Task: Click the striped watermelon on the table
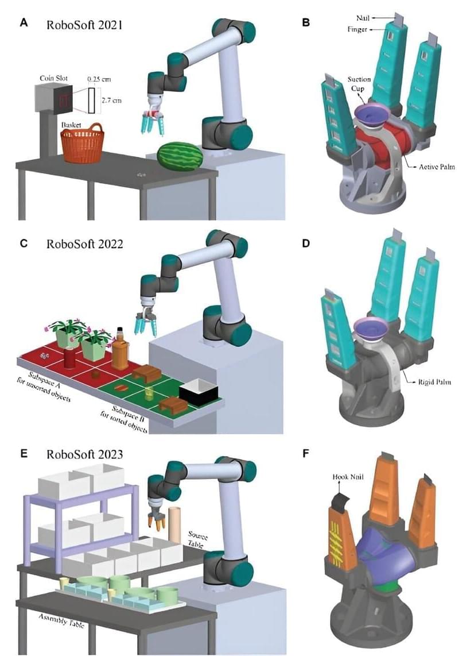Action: (x=181, y=156)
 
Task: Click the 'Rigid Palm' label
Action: (x=431, y=380)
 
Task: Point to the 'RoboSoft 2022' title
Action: (x=85, y=243)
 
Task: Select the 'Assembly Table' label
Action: (x=62, y=620)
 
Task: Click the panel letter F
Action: (x=305, y=453)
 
